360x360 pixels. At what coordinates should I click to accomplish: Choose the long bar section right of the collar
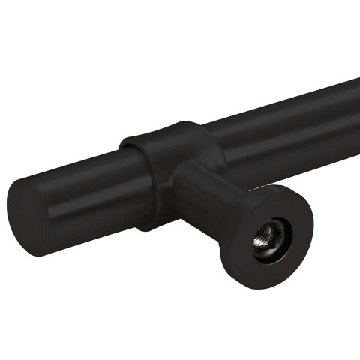(x=285, y=127)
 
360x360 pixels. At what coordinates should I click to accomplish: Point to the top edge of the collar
(x=161, y=127)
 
